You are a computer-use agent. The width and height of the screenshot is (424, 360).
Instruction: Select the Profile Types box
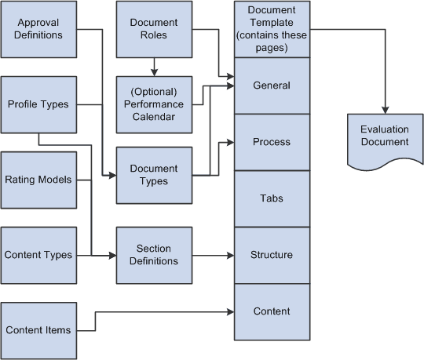[39, 104]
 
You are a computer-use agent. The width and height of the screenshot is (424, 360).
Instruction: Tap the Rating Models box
[39, 180]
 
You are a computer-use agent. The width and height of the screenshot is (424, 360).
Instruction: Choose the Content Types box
[39, 255]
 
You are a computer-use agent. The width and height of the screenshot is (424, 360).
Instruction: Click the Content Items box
[39, 330]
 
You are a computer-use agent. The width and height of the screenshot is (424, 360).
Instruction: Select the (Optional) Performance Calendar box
[154, 104]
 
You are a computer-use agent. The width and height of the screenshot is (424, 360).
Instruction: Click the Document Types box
[154, 175]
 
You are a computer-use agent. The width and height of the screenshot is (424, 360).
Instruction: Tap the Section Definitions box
[154, 255]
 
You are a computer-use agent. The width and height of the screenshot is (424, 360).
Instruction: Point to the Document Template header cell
[271, 29]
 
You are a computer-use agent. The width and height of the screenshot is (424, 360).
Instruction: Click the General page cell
[271, 85]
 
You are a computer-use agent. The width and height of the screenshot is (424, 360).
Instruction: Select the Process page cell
[271, 142]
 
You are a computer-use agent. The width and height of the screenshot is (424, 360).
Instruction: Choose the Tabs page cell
[271, 198]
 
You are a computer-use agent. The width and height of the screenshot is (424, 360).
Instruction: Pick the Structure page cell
[271, 255]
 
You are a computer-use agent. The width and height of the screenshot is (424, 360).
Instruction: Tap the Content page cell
[271, 311]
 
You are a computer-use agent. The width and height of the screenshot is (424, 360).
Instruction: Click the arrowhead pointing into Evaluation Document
[385, 107]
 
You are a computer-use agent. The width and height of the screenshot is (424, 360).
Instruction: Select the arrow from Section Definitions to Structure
[212, 255]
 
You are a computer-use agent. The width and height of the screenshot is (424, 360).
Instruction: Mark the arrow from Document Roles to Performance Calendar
[154, 67]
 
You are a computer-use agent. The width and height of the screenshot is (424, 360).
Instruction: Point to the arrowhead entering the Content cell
[229, 312]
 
